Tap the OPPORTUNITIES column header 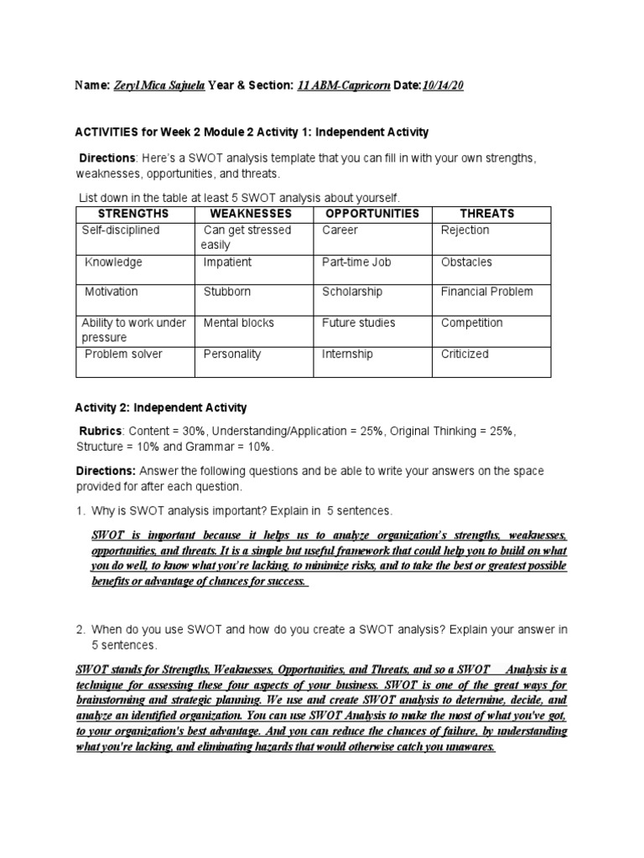pos(372,214)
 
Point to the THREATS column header pos(487,214)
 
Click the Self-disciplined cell pos(121,230)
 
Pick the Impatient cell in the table pos(227,262)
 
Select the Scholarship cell pos(352,292)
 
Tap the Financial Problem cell pos(486,292)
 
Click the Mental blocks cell pos(238,323)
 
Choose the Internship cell pos(347,354)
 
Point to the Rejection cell pos(465,230)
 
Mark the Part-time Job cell pos(356,262)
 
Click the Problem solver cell pos(124,354)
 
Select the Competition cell pos(472,323)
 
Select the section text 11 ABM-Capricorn pos(344,85)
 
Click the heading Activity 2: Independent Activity pos(162,408)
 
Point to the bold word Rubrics pos(101,431)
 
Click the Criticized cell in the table pos(465,354)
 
